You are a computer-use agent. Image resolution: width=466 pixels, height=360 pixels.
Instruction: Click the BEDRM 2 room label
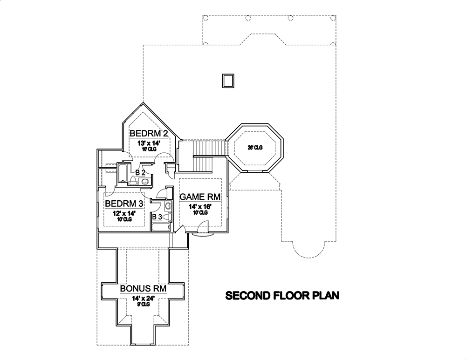coord(149,133)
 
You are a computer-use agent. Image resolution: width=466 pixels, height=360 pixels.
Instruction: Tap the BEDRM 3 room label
coord(124,204)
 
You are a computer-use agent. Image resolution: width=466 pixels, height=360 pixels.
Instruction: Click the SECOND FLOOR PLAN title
coord(282,295)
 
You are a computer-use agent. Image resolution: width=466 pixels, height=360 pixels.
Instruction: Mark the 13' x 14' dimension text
coord(149,143)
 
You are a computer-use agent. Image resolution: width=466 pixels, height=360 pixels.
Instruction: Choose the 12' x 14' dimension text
coord(124,213)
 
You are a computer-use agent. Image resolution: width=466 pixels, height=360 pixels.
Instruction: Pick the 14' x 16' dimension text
coord(200,207)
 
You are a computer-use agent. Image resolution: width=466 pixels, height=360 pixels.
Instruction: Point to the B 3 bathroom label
coord(157,217)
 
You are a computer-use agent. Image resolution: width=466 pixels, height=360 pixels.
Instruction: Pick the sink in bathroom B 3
coord(168,205)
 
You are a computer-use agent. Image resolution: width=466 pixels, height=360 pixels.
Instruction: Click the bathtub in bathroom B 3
coord(162,228)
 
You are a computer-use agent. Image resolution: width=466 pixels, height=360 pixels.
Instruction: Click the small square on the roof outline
coord(228,81)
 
